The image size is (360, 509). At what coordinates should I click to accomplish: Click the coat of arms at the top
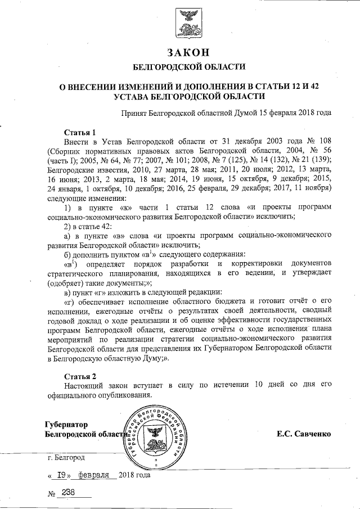(x=188, y=23)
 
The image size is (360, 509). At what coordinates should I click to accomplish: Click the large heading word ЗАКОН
(x=188, y=52)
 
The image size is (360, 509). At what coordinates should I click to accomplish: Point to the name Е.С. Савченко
(x=303, y=434)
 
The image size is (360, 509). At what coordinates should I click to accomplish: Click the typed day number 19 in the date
(x=62, y=475)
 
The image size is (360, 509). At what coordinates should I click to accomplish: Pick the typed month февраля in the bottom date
(x=94, y=475)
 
